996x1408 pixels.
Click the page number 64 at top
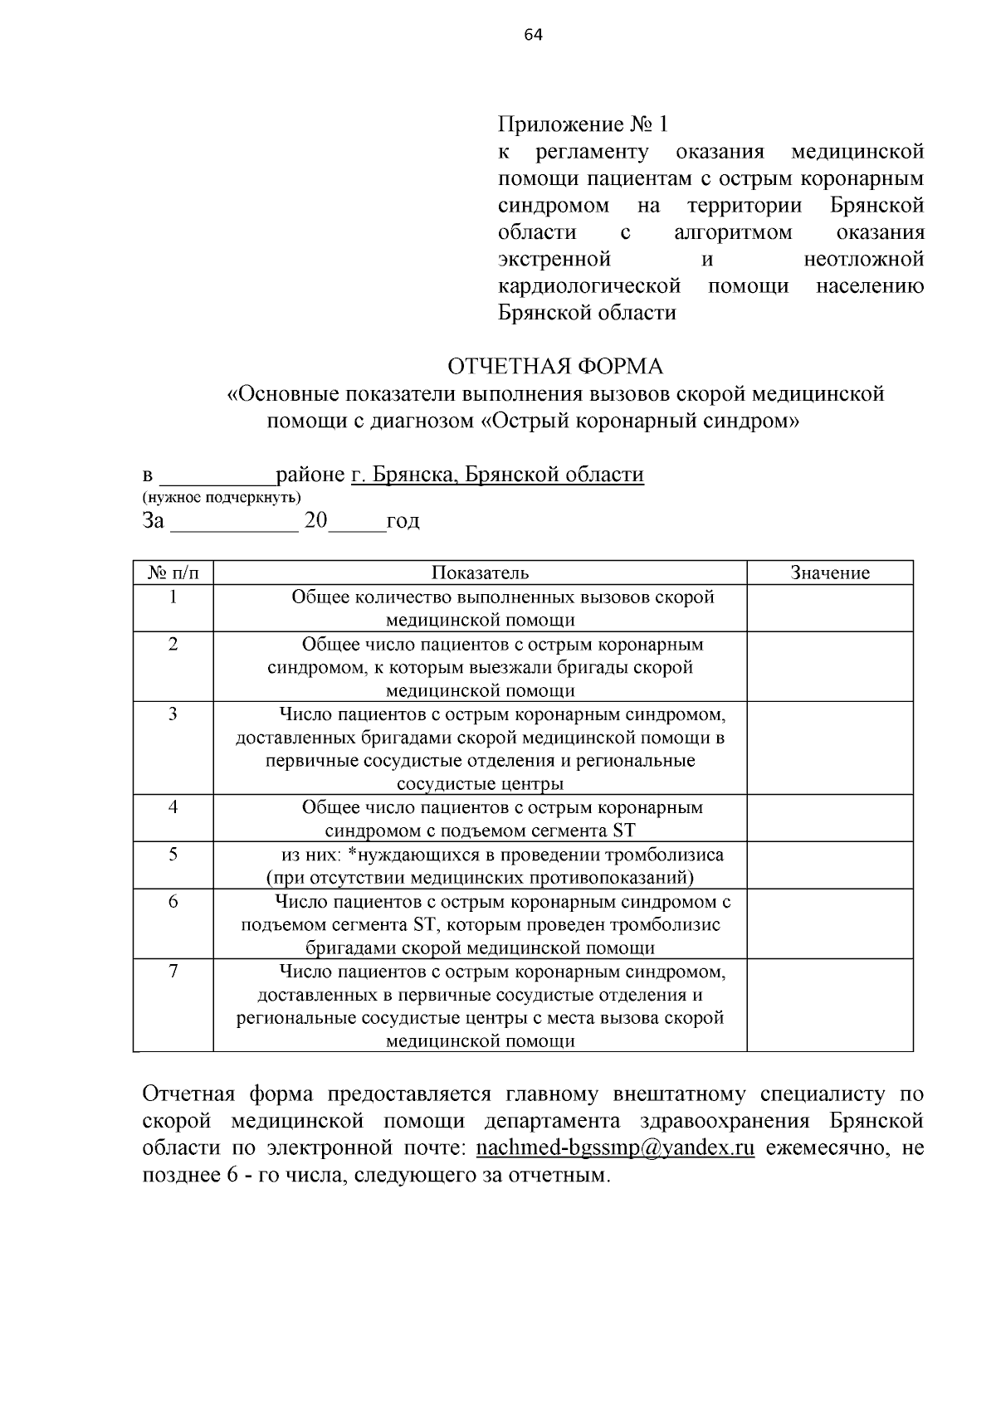point(533,34)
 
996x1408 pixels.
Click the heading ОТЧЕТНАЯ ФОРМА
point(555,367)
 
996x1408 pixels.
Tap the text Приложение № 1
point(583,124)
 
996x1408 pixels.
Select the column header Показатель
point(480,572)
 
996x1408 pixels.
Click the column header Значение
point(829,572)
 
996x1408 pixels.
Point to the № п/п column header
point(173,572)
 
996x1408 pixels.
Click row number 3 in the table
point(173,714)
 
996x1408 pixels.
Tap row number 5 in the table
point(173,855)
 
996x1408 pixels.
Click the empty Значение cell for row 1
point(829,608)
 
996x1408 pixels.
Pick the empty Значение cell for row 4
point(829,819)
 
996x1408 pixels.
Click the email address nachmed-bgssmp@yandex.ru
point(615,1149)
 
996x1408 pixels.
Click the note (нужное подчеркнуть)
point(222,497)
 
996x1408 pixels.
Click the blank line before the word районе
point(217,476)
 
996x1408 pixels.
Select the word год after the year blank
point(403,522)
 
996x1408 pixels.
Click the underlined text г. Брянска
point(403,475)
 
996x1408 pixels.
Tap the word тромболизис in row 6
point(665,924)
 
